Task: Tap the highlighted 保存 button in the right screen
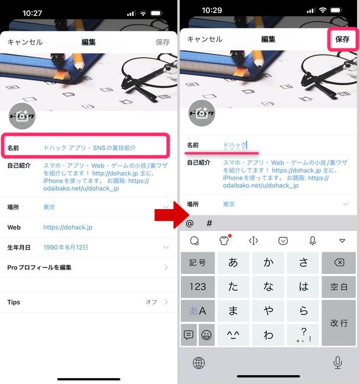pyautogui.click(x=342, y=40)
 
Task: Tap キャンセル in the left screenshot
pyautogui.click(x=25, y=42)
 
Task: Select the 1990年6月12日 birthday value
pyautogui.click(x=66, y=248)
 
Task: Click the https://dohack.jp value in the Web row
pyautogui.click(x=67, y=227)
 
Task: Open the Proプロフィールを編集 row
pyautogui.click(x=39, y=268)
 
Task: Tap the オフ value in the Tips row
pyautogui.click(x=151, y=302)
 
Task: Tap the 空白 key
pyautogui.click(x=339, y=287)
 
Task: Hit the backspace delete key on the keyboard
pyautogui.click(x=339, y=262)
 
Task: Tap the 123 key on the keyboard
pyautogui.click(x=197, y=287)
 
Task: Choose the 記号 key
pyautogui.click(x=197, y=262)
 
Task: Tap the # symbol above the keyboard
pyautogui.click(x=209, y=223)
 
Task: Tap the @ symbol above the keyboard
pyautogui.click(x=190, y=223)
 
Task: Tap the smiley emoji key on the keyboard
pyautogui.click(x=207, y=334)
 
